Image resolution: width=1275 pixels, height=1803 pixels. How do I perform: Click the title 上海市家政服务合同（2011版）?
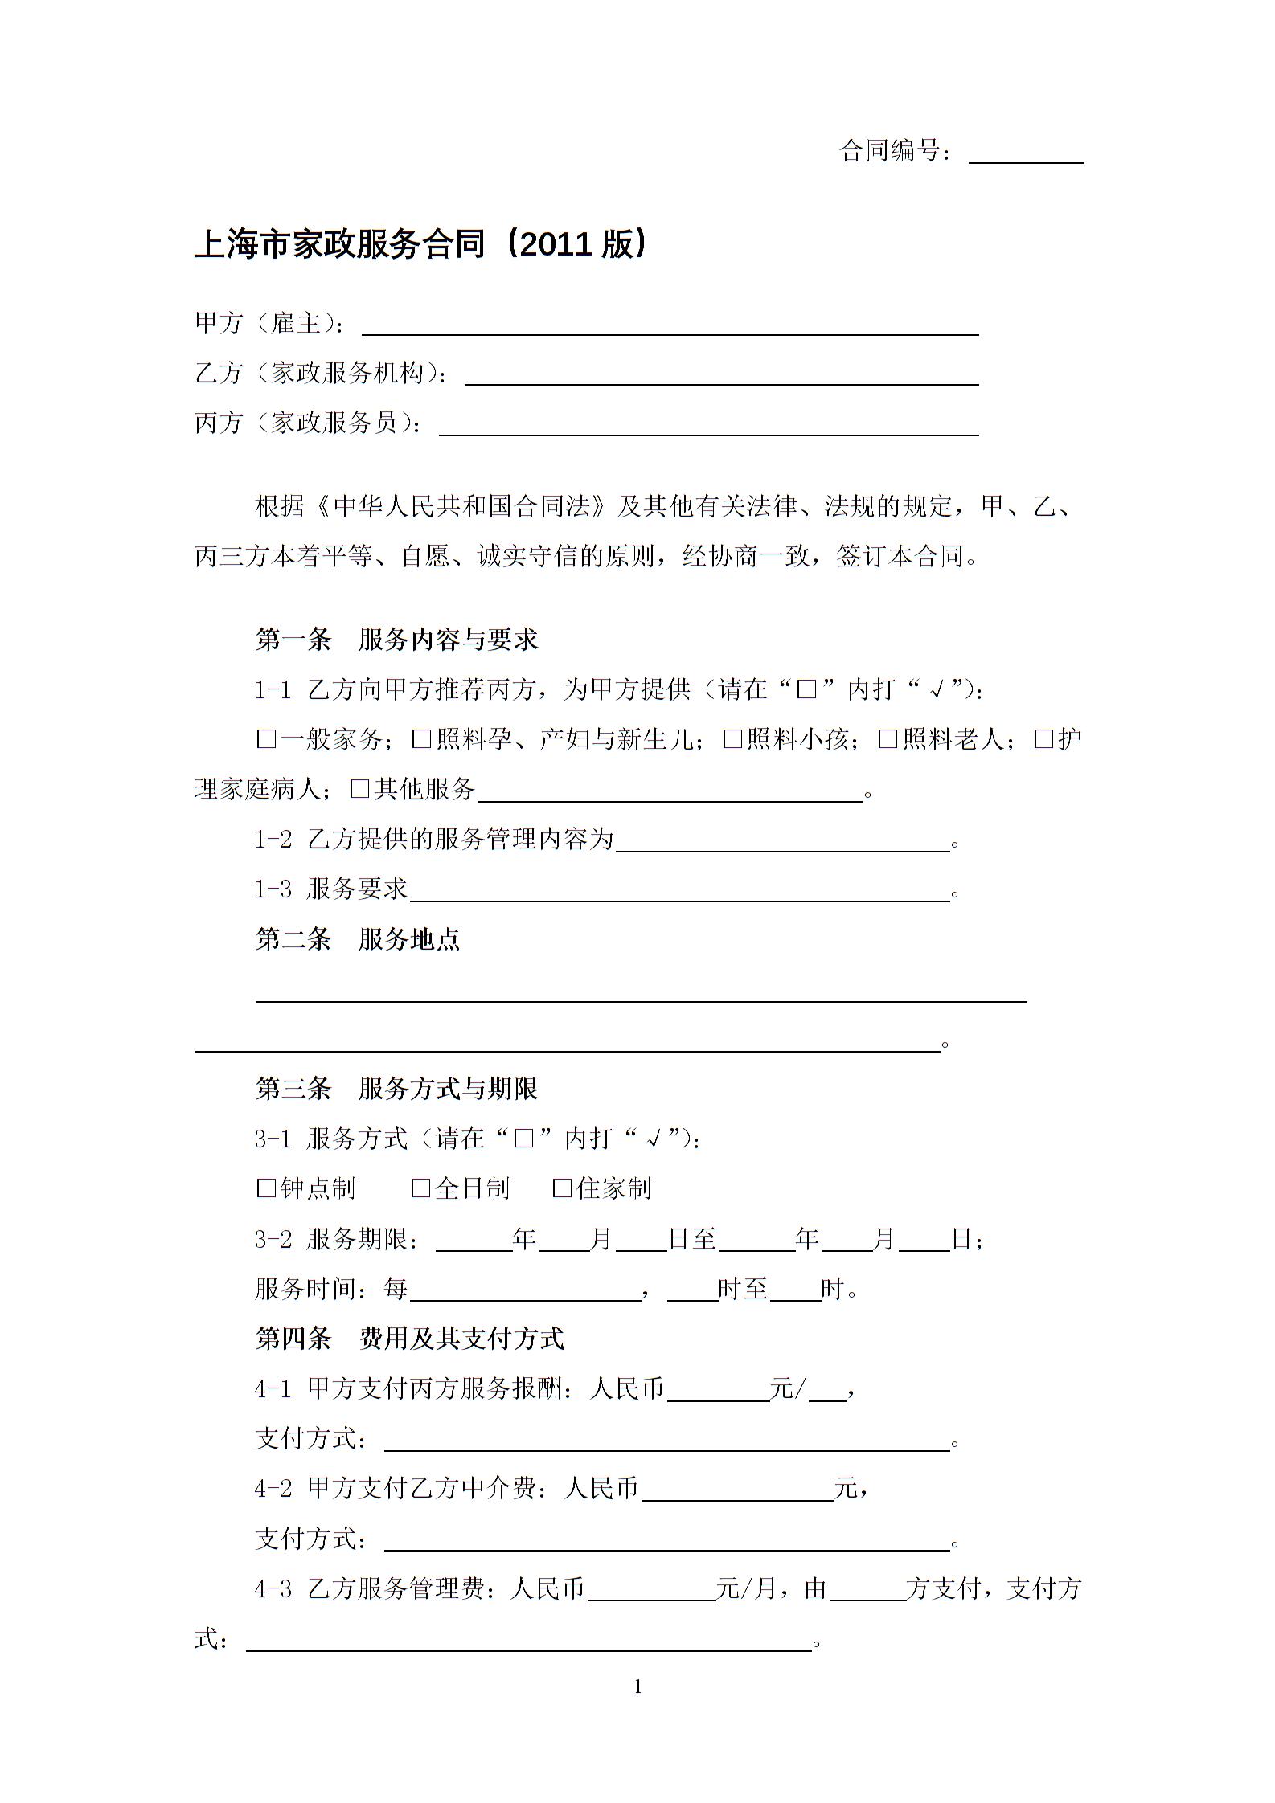[420, 244]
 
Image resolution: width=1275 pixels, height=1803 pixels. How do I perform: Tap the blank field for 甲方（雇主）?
[670, 325]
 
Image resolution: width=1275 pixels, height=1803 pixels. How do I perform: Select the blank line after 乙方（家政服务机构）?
[721, 375]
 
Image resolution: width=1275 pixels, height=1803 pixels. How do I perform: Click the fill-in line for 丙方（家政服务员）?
[708, 425]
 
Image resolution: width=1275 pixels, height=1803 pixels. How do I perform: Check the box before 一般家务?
[265, 739]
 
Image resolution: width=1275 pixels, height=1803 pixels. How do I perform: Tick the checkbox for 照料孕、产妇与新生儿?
[420, 739]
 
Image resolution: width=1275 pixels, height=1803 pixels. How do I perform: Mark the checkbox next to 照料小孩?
[732, 739]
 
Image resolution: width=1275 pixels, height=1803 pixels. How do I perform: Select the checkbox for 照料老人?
[887, 739]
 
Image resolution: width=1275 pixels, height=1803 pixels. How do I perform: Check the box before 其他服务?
[359, 789]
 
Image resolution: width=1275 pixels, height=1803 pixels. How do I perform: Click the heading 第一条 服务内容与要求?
[396, 640]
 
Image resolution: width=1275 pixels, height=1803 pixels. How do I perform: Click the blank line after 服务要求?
[679, 891]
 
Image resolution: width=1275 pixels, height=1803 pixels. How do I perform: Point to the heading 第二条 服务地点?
[358, 938]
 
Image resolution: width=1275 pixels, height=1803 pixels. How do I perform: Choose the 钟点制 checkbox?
[265, 1188]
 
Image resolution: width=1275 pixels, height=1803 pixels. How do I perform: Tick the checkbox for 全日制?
[420, 1188]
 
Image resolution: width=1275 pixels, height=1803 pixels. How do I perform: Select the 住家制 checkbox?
[562, 1188]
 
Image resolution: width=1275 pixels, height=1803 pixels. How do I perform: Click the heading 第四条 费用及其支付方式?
[409, 1338]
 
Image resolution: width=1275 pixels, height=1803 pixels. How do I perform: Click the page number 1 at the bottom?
[638, 1687]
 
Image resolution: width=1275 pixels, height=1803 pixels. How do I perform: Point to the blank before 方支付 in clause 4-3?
[867, 1589]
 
